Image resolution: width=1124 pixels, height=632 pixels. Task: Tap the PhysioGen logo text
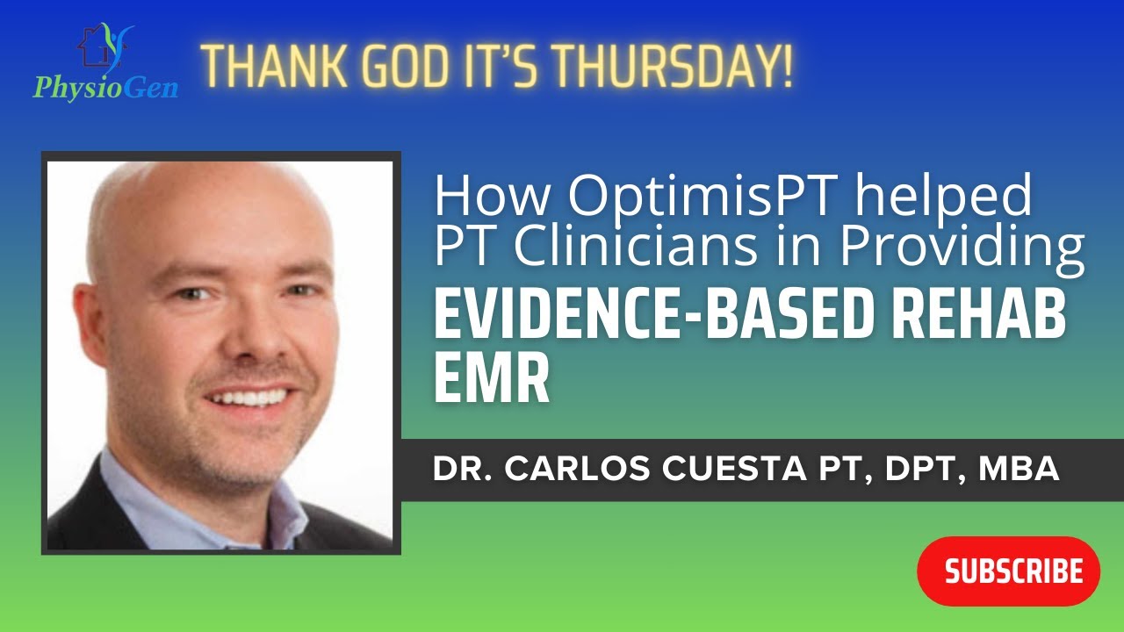[x=105, y=88]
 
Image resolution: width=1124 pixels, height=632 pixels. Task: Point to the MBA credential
[x=1019, y=470]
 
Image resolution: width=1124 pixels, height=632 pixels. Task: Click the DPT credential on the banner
[x=909, y=470]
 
